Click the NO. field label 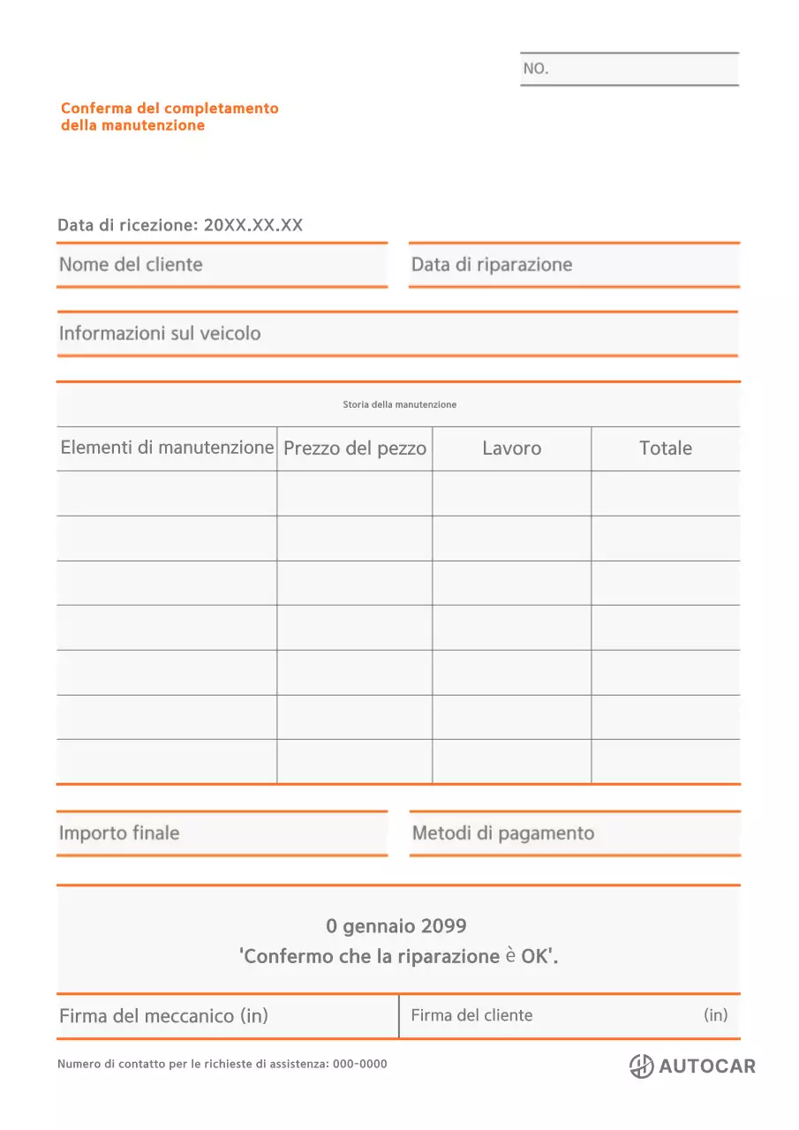click(536, 69)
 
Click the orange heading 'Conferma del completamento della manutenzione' click(170, 117)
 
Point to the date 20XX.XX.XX click(253, 225)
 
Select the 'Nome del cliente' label click(131, 265)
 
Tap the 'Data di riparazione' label click(492, 265)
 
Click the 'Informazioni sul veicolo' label click(160, 334)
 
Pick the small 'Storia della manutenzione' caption click(399, 404)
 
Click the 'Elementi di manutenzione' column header click(167, 448)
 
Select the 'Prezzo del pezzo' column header click(355, 448)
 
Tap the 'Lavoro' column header click(511, 448)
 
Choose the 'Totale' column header click(666, 448)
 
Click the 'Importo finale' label click(119, 833)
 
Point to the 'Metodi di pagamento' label click(503, 833)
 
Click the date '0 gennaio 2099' click(396, 926)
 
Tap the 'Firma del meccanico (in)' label click(163, 1016)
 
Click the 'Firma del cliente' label click(471, 1015)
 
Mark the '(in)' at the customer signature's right click(716, 1015)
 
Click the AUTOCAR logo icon click(642, 1066)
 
